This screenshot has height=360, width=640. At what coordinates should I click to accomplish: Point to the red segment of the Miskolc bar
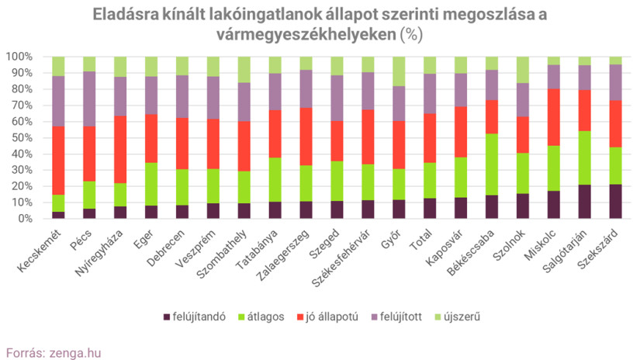point(553,117)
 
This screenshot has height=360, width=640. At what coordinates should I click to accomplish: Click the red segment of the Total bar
point(430,138)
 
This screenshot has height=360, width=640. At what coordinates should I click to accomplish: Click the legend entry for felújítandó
point(194,317)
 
